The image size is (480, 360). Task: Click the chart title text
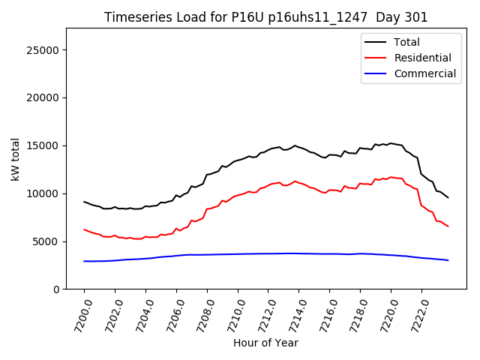click(x=265, y=17)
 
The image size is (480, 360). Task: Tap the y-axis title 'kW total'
click(x=16, y=158)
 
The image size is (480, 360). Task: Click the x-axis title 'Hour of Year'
click(x=265, y=343)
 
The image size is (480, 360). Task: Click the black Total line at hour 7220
click(x=391, y=142)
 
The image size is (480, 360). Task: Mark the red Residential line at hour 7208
click(x=207, y=209)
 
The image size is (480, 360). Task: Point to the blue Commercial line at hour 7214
click(x=298, y=253)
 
